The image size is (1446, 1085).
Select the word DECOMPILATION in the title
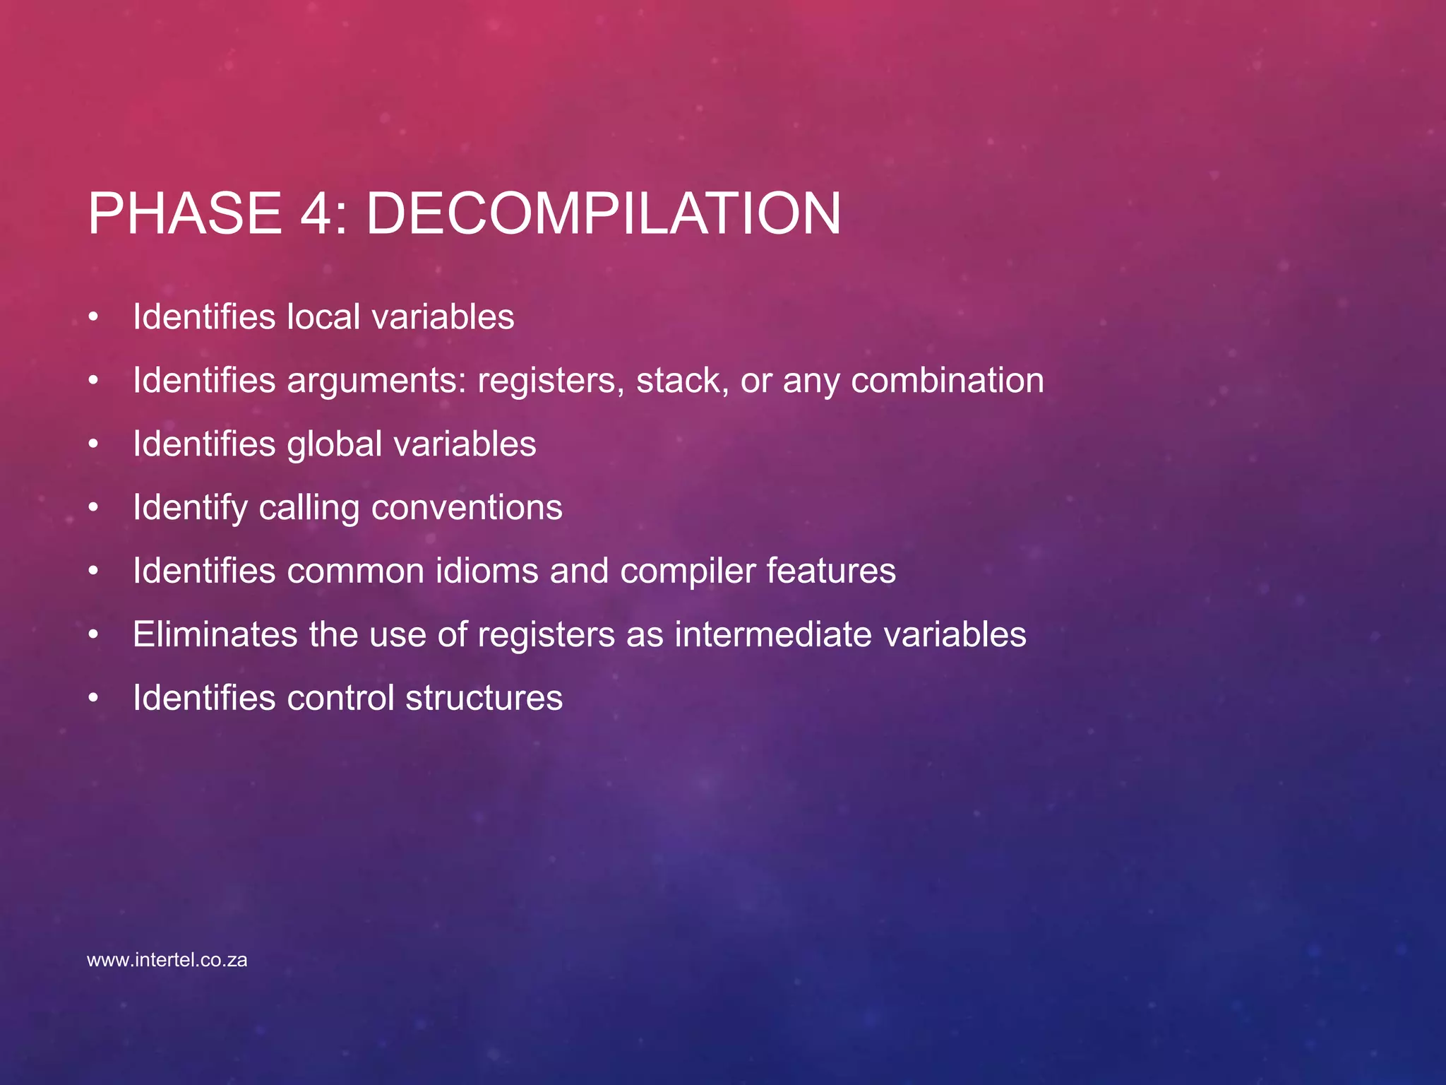click(604, 214)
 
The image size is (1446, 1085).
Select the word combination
click(947, 381)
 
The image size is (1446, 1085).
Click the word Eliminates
click(215, 635)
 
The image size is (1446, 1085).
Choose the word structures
click(484, 699)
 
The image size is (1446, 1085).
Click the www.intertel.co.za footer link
click(167, 961)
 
